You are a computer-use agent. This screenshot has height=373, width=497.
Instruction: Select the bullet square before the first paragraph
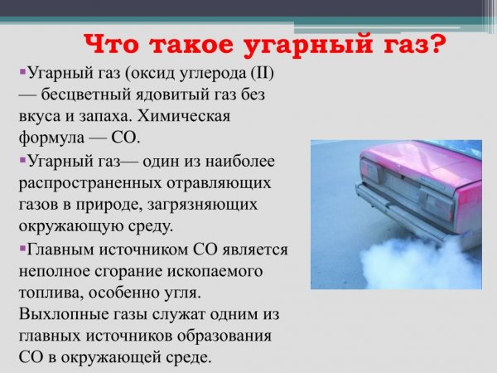click(x=22, y=74)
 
